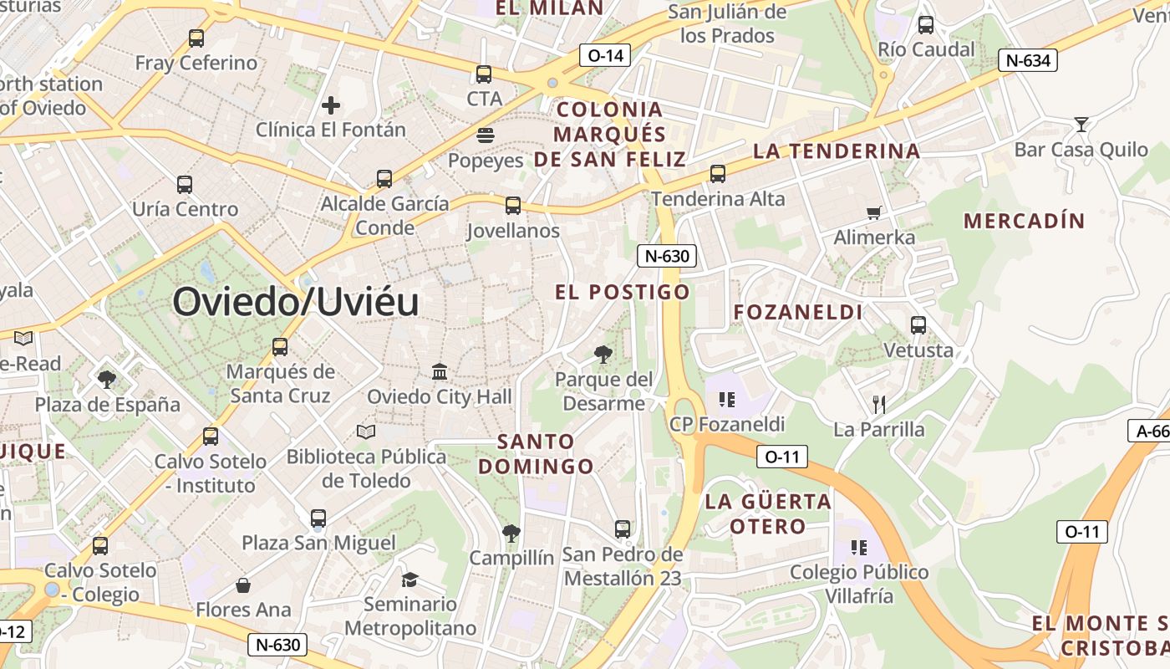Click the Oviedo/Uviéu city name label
[295, 302]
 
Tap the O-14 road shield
[605, 56]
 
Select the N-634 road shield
[1028, 60]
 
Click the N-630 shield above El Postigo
[667, 256]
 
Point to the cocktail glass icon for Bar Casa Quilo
[1081, 125]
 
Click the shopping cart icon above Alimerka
[874, 212]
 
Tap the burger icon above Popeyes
[485, 135]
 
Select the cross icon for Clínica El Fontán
[331, 105]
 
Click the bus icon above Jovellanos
[513, 206]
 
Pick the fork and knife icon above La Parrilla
[878, 405]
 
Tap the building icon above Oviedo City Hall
[440, 371]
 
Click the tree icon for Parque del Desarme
[603, 355]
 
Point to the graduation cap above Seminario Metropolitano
[409, 580]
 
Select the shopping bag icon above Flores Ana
[243, 585]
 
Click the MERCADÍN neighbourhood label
[1024, 222]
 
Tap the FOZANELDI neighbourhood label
[797, 313]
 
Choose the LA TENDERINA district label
[836, 151]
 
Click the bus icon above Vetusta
[918, 325]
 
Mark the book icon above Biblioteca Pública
[365, 432]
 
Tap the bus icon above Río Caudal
[926, 25]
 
